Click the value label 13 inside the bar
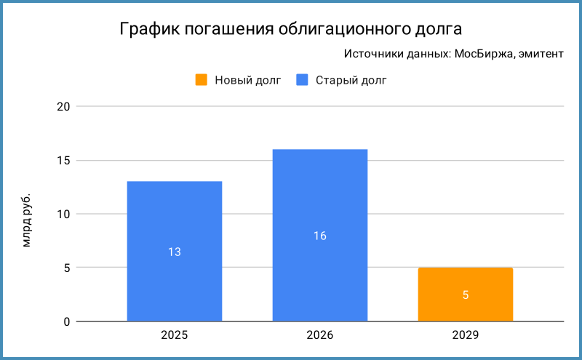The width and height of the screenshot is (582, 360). click(x=175, y=252)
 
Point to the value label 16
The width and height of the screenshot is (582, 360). click(x=320, y=236)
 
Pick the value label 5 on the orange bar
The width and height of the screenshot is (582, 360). click(x=466, y=295)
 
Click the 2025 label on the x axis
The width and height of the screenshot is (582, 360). click(x=175, y=336)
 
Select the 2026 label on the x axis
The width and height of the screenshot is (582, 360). click(x=320, y=336)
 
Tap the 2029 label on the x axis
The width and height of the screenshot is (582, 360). click(x=466, y=336)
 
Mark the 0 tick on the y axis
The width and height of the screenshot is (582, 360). click(x=65, y=321)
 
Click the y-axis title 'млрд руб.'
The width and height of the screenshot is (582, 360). click(x=27, y=220)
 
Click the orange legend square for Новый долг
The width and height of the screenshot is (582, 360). click(x=202, y=80)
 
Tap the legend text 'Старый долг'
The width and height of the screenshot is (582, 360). click(x=351, y=80)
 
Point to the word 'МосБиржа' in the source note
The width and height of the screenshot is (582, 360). click(x=481, y=55)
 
